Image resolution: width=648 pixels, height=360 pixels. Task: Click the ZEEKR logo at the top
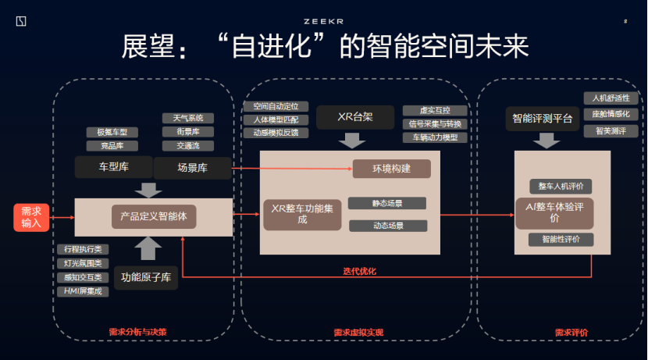[x=324, y=21]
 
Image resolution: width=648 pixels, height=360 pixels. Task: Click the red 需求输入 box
[x=31, y=217]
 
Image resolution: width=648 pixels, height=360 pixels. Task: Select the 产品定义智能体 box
[x=154, y=216]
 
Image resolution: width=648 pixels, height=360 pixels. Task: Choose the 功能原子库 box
[x=146, y=275]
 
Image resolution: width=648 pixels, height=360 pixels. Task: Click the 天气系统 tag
[x=187, y=119]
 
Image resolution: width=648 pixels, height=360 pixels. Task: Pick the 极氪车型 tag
[x=112, y=132]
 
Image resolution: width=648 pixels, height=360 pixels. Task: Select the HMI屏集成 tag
[x=82, y=291]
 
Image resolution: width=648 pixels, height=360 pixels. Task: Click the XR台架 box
[x=355, y=118]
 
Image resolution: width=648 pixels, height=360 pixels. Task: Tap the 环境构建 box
[x=391, y=168]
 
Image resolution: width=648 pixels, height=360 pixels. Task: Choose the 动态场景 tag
[x=387, y=226]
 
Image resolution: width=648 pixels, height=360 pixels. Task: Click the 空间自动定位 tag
[x=276, y=106]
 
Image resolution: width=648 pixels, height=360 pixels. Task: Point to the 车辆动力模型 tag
[x=435, y=137]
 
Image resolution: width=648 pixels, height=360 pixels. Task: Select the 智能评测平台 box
[x=542, y=119]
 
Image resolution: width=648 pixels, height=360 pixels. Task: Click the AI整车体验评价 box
[x=554, y=212]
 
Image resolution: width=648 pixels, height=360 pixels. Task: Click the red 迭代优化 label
[x=359, y=272]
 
